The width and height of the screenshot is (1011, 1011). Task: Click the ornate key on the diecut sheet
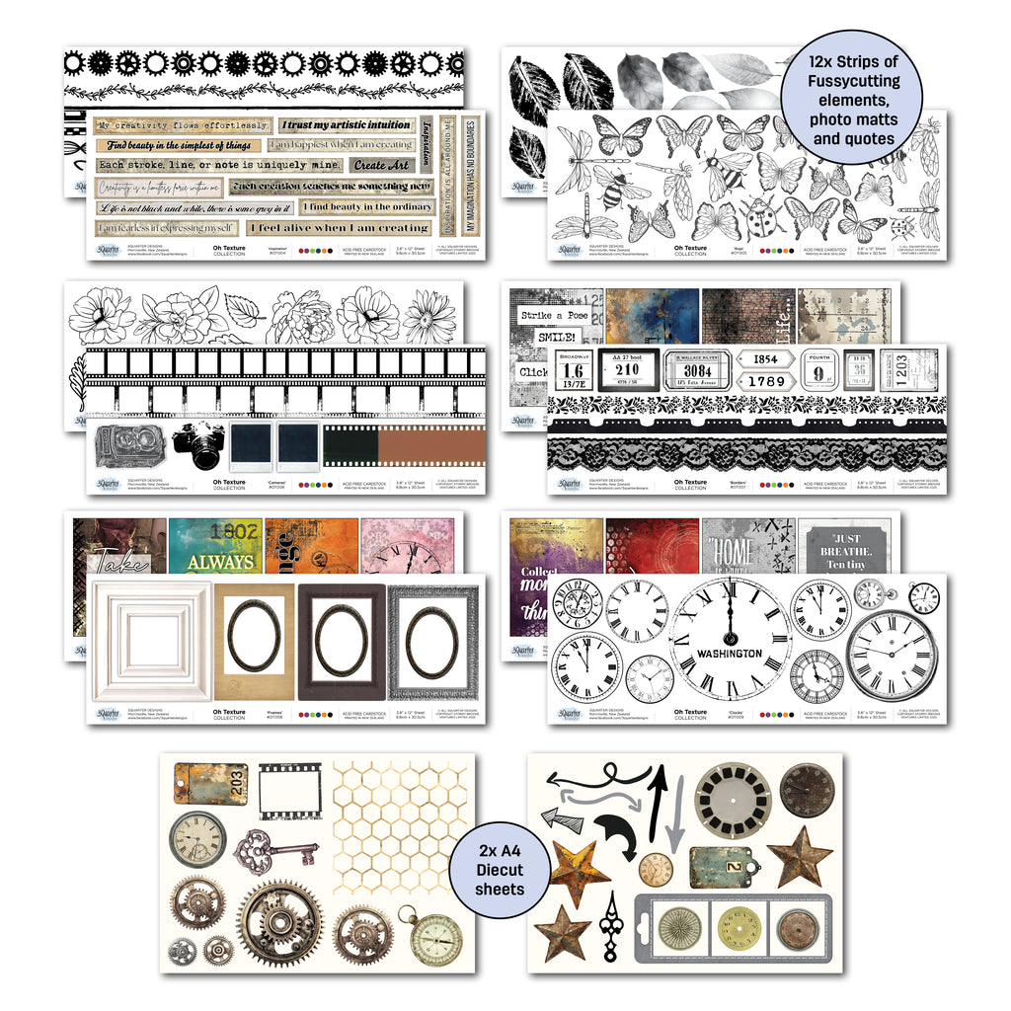[275, 850]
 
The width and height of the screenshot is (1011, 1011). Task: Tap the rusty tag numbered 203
[197, 783]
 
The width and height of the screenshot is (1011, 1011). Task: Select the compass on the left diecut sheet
[433, 937]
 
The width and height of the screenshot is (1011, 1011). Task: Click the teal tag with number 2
[726, 866]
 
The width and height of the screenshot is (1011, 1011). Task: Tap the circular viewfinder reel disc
[733, 800]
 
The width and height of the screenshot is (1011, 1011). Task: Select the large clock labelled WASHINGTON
[730, 639]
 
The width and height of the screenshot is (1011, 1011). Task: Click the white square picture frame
[151, 641]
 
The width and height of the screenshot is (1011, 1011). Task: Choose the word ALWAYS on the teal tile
[220, 562]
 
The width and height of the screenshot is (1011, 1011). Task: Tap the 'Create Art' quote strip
[381, 165]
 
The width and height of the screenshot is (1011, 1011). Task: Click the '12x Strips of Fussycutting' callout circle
[850, 102]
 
